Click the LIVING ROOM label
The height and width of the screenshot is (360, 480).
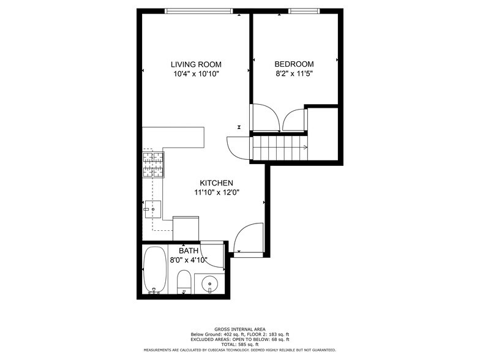coord(196,64)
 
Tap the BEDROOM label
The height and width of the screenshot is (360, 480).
coord(294,64)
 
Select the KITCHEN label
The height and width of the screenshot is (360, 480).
coord(216,183)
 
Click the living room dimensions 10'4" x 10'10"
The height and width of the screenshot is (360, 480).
coord(196,74)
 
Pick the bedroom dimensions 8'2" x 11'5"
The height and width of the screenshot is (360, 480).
coord(294,74)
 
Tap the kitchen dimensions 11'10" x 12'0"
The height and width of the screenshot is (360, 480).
coord(216,192)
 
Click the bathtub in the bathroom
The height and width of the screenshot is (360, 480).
coord(154,270)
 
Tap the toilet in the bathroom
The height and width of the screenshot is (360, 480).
coord(184,283)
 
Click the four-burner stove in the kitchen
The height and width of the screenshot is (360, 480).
coord(154,164)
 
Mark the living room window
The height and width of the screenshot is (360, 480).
coord(199,10)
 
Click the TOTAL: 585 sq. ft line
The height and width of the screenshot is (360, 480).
coord(239,345)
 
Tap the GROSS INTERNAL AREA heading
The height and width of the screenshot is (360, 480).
coord(239,328)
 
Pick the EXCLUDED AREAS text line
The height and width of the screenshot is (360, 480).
coord(239,339)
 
